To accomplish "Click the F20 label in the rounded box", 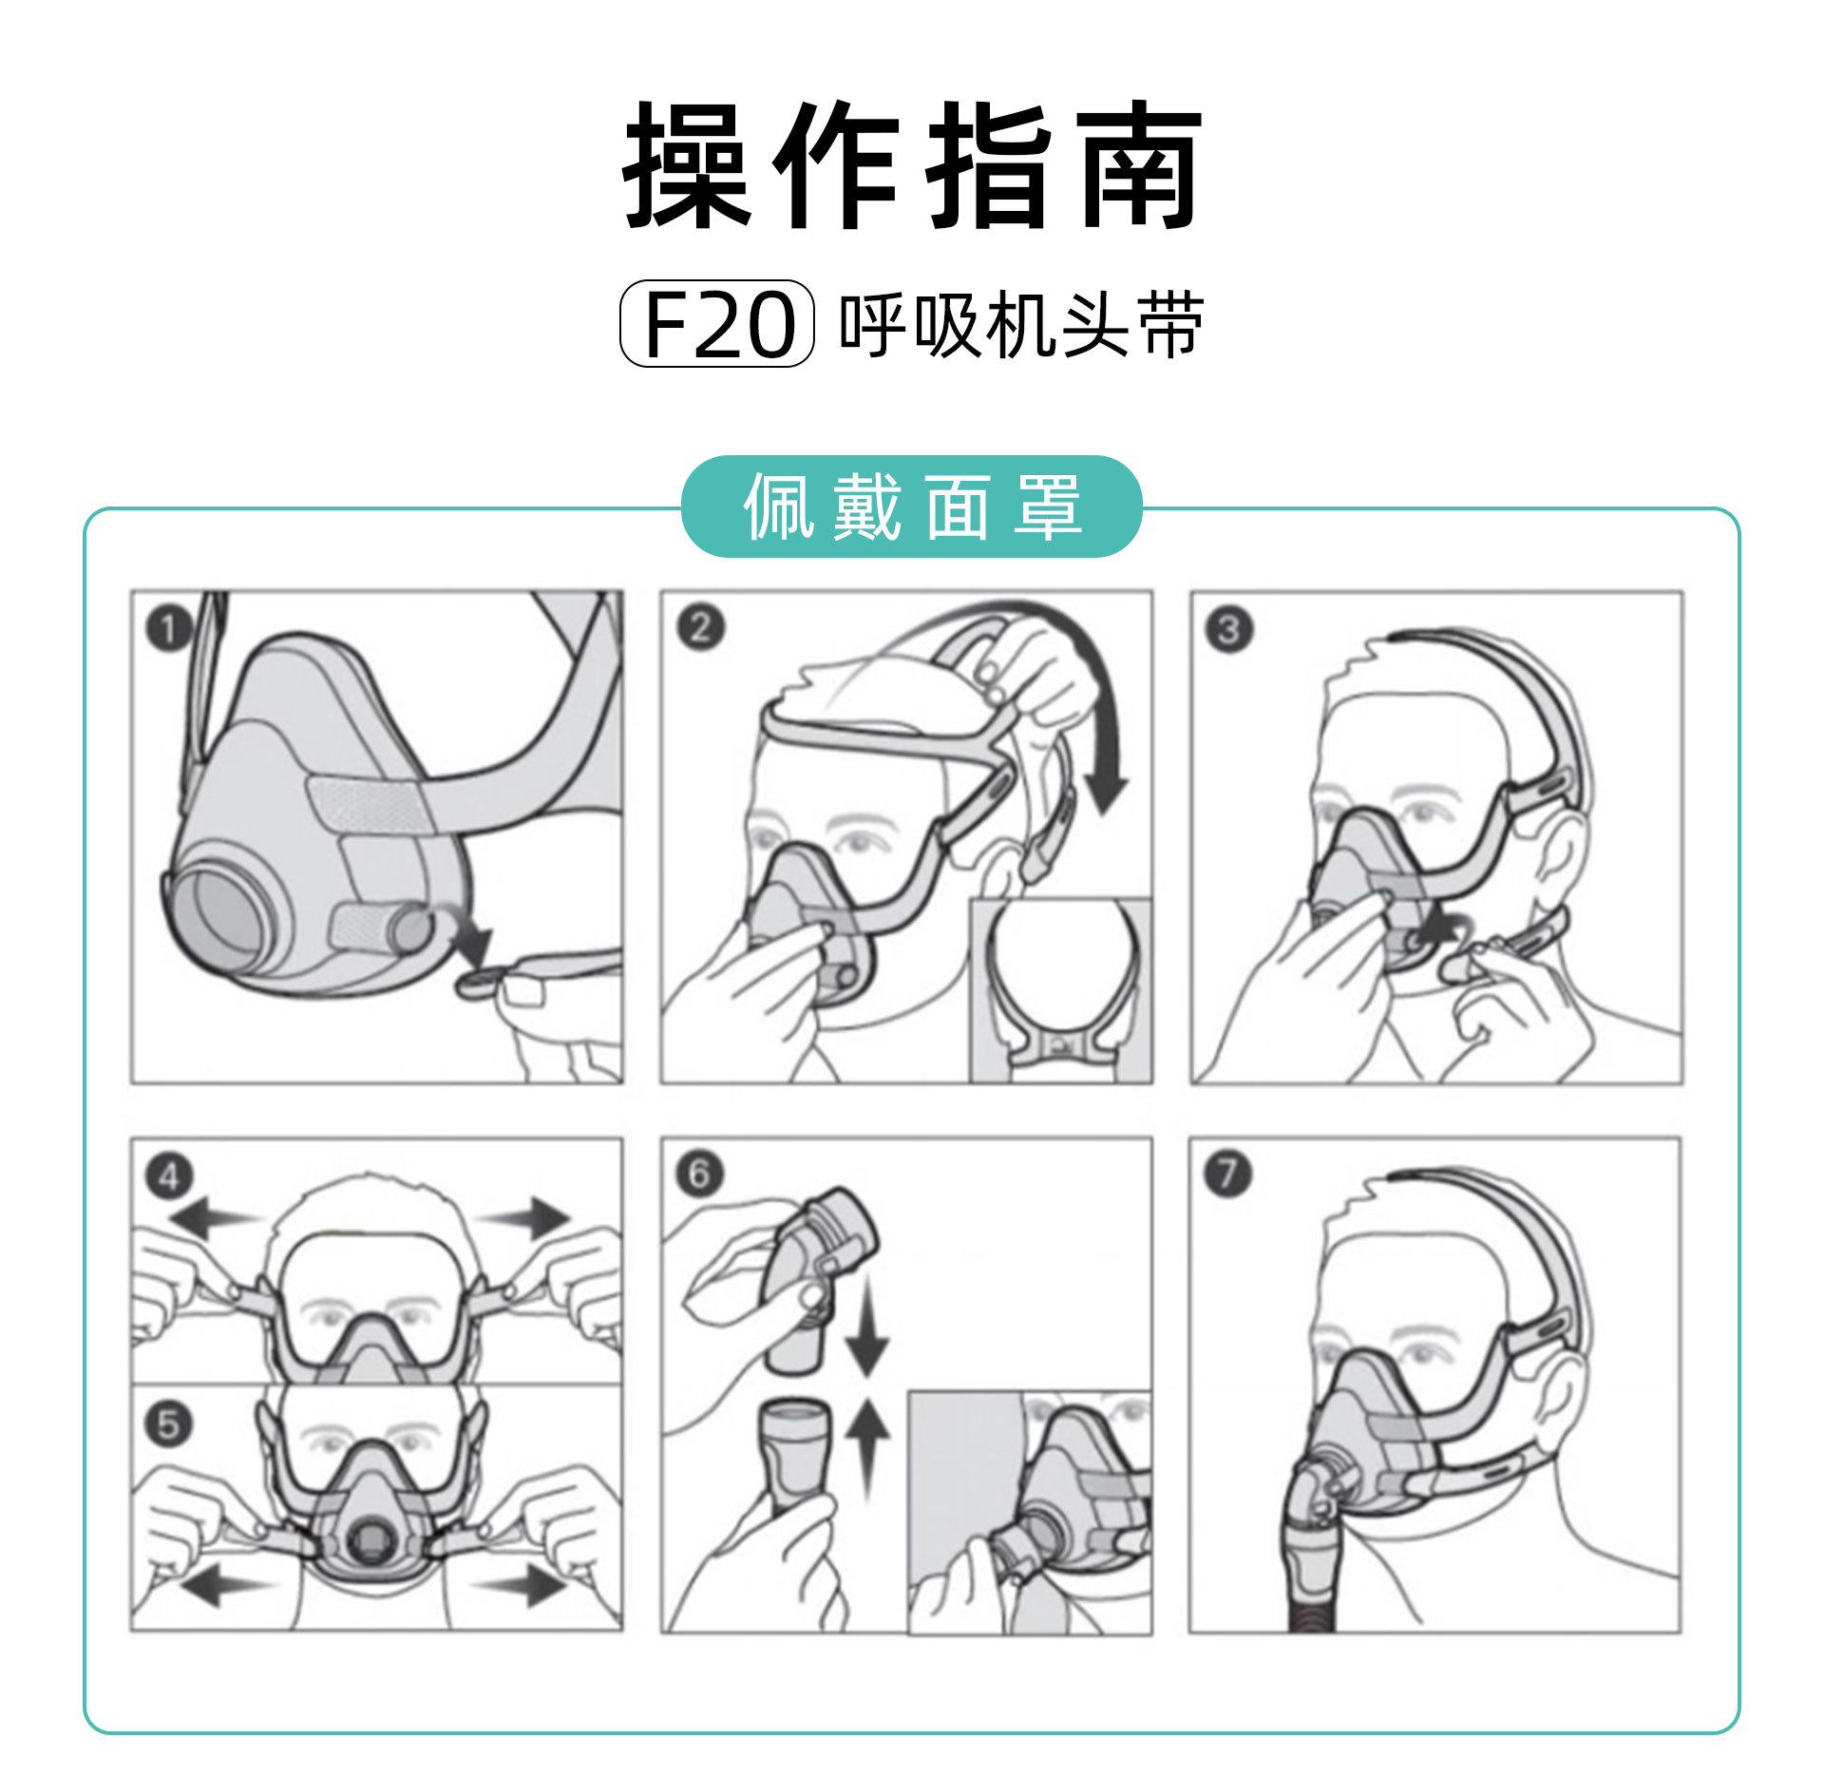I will point(717,324).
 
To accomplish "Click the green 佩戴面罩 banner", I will point(912,506).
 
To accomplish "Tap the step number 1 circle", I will point(169,628).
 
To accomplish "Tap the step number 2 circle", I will point(700,628).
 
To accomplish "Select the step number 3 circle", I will point(1228,629).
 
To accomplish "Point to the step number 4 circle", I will point(169,1176).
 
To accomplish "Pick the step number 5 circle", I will point(168,1424).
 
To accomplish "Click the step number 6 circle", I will point(699,1174).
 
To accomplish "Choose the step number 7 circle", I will point(1227,1174).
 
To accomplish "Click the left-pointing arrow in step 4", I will point(209,1216).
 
